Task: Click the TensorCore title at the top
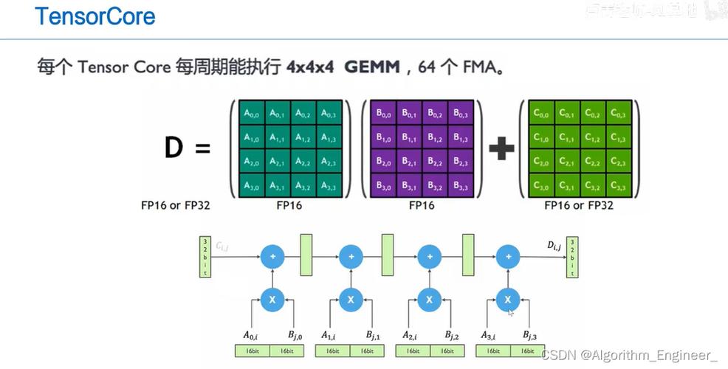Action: click(x=95, y=16)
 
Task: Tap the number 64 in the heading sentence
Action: click(x=427, y=68)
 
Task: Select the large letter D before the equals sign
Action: click(x=173, y=148)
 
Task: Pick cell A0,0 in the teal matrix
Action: click(x=253, y=114)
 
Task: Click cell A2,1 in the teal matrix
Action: click(x=277, y=162)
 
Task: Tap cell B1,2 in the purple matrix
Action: click(x=436, y=138)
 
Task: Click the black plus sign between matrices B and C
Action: click(x=501, y=149)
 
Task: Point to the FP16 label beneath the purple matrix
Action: click(x=422, y=206)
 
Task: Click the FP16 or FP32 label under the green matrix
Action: click(x=579, y=206)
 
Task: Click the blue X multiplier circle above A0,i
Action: click(x=272, y=300)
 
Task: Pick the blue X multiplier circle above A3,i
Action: click(x=507, y=300)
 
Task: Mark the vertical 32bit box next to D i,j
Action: click(x=572, y=257)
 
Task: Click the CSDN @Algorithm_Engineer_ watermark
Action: click(x=629, y=356)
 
